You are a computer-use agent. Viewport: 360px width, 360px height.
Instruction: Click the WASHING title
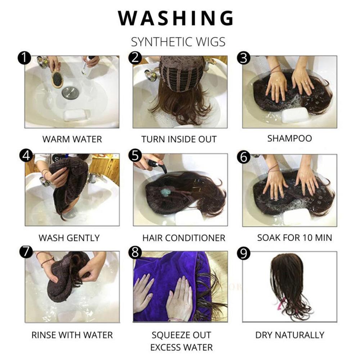coord(176,18)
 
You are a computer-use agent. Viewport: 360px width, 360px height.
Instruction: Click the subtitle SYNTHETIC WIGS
coord(178,42)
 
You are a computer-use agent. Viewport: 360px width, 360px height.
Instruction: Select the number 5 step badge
coord(135,156)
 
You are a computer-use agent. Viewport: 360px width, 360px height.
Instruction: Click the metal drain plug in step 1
coord(70,93)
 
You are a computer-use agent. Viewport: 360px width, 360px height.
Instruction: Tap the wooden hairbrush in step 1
coord(57,79)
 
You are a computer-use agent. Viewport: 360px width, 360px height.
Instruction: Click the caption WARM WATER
coord(72,139)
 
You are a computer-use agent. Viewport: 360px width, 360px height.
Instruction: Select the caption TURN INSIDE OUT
coord(179,139)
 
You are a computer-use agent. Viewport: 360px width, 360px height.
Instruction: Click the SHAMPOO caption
coord(289,138)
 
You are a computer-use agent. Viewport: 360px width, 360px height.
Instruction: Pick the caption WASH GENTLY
coord(69,238)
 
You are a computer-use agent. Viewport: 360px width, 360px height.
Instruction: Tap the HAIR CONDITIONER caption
coord(184,238)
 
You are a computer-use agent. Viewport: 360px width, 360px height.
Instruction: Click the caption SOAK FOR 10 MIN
coord(294,238)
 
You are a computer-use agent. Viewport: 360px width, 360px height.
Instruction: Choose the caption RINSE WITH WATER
coord(72,335)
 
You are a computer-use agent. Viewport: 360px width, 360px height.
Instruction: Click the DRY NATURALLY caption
coord(290,335)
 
